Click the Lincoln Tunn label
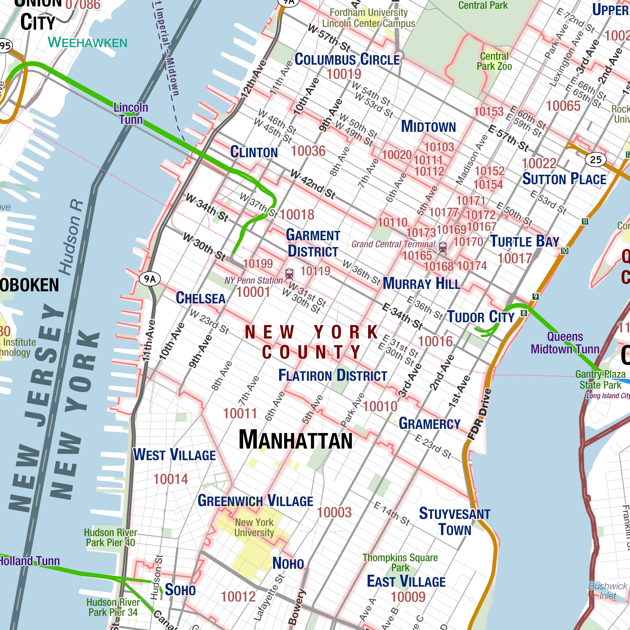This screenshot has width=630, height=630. tap(131, 113)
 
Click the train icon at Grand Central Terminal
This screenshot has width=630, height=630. tap(443, 247)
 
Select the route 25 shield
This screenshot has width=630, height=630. tap(596, 160)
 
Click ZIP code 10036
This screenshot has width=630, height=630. tap(308, 151)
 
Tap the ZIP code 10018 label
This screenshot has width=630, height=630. tap(297, 214)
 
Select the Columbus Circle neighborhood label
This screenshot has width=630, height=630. tap(347, 60)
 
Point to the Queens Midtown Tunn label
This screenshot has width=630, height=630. tap(565, 343)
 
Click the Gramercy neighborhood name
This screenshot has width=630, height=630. tap(429, 424)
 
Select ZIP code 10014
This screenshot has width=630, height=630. tap(171, 479)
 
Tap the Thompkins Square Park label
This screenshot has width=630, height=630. tap(400, 562)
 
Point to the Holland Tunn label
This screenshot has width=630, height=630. tap(29, 561)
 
